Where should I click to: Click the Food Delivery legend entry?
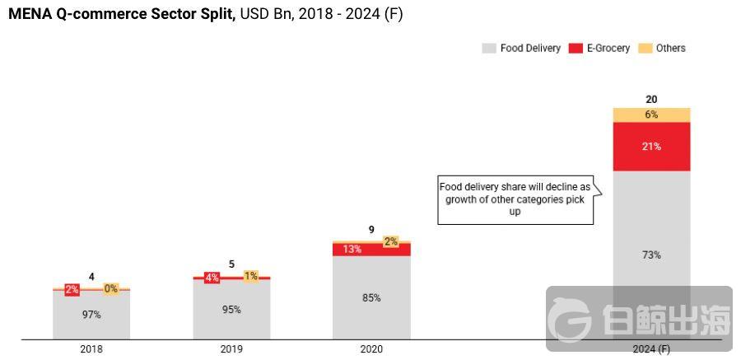click(521, 49)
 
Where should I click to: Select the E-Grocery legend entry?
click(599, 49)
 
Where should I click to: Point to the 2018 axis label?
click(91, 349)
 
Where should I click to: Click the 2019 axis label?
click(231, 349)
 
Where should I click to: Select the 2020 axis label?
click(371, 349)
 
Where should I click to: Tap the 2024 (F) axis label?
click(651, 349)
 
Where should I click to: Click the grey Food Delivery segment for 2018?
click(91, 315)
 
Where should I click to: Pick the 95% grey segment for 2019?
click(231, 310)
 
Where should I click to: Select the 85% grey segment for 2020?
click(371, 297)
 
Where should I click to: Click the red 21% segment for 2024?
click(651, 147)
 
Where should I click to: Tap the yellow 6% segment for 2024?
click(651, 115)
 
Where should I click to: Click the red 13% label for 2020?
click(352, 249)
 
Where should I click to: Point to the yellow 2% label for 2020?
click(390, 241)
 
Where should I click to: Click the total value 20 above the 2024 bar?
click(651, 100)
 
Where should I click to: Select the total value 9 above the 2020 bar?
click(371, 230)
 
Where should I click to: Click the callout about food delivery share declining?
click(515, 199)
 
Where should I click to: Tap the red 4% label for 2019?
click(212, 278)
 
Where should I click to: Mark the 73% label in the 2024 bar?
click(651, 255)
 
